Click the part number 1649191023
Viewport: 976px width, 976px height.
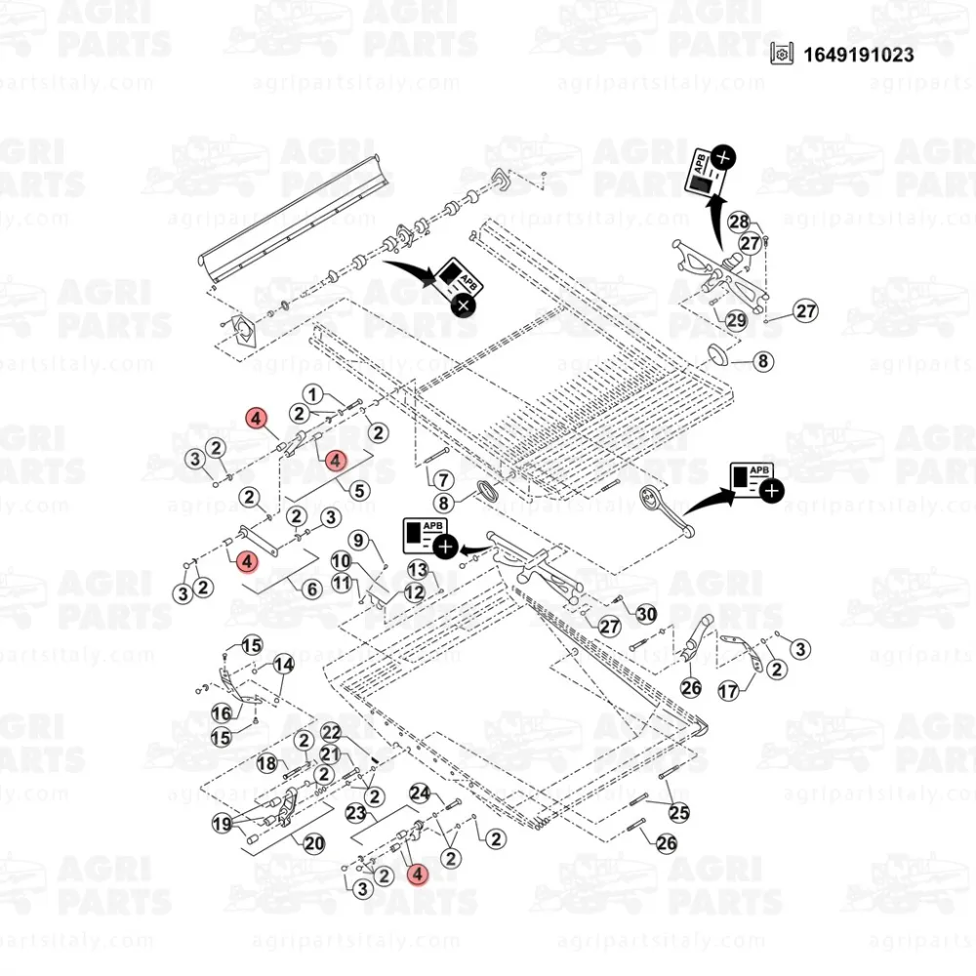(x=859, y=55)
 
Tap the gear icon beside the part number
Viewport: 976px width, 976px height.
(x=780, y=54)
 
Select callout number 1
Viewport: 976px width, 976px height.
(x=312, y=394)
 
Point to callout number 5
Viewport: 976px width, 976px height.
(x=359, y=491)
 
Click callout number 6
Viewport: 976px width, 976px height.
(x=312, y=589)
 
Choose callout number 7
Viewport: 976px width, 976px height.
(x=442, y=480)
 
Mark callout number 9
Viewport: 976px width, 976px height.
(x=358, y=540)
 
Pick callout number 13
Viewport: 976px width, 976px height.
(x=418, y=569)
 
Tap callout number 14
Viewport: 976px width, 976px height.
(x=283, y=665)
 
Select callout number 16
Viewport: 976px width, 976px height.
(x=222, y=713)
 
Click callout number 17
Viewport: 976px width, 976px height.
(x=728, y=692)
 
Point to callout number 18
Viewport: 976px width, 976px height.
(x=266, y=762)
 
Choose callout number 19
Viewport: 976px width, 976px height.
(x=224, y=824)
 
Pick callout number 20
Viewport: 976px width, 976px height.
(x=314, y=844)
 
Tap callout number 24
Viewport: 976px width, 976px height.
(x=420, y=793)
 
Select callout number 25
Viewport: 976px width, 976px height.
(x=677, y=811)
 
